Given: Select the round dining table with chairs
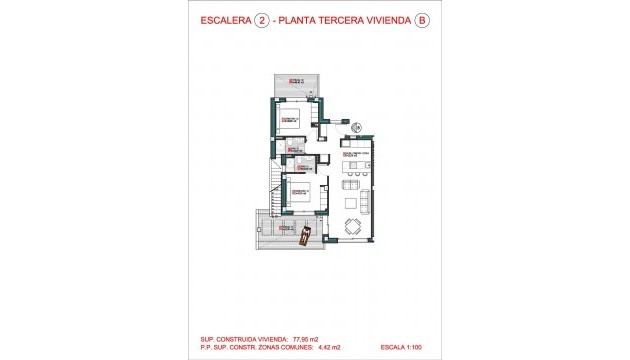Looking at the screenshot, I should (354, 227).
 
